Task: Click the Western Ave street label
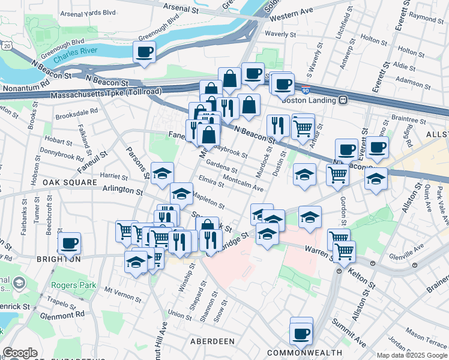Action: pyautogui.click(x=292, y=14)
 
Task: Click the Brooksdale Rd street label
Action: pyautogui.click(x=76, y=112)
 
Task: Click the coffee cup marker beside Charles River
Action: pyautogui.click(x=144, y=52)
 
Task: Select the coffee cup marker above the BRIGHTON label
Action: pyautogui.click(x=70, y=243)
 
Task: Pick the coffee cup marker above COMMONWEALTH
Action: pyautogui.click(x=301, y=332)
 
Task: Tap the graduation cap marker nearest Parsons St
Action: pyautogui.click(x=162, y=173)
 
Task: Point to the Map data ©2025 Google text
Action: pyautogui.click(x=411, y=355)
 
